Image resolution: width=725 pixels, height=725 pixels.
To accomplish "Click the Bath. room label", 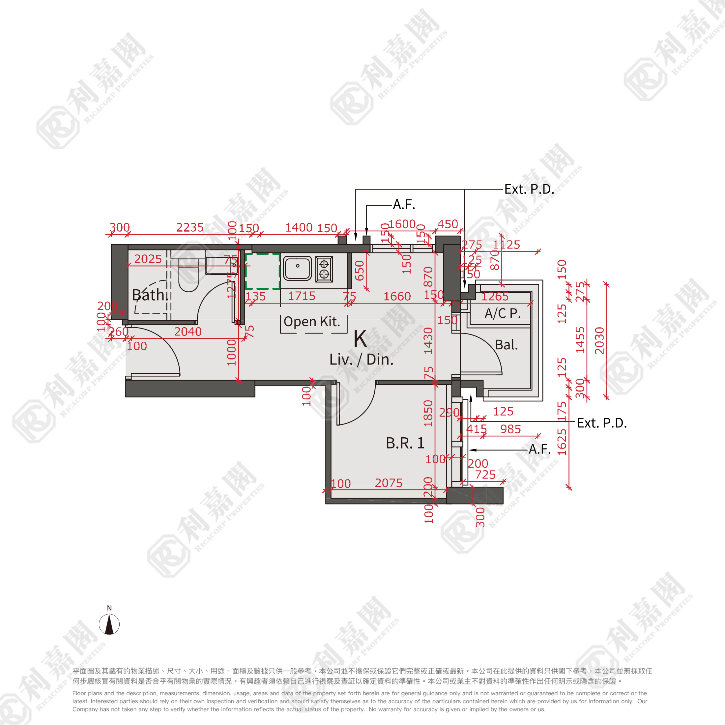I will [149, 295].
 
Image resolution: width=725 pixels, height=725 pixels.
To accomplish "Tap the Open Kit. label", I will [311, 322].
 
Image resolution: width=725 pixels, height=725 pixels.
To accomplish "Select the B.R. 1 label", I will [405, 443].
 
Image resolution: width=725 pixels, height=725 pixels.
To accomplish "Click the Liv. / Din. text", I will [362, 360].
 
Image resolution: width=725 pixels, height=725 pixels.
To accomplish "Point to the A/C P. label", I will [503, 313].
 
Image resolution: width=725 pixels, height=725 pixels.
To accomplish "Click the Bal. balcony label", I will [506, 344].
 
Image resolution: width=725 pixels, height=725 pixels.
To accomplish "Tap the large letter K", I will [360, 338].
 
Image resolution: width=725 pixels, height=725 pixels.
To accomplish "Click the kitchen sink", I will [297, 268].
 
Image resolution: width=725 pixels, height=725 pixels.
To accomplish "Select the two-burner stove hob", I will [324, 269].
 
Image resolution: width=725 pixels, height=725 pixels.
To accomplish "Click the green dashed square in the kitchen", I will [263, 271].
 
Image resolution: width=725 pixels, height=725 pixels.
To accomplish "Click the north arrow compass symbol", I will [109, 624].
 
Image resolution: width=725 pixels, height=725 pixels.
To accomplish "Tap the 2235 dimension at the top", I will [190, 227].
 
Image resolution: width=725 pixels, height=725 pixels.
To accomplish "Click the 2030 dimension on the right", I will [600, 340].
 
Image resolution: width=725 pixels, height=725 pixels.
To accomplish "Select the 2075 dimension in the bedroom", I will [389, 483].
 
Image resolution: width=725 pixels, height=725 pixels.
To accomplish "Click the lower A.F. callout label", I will [539, 449].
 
